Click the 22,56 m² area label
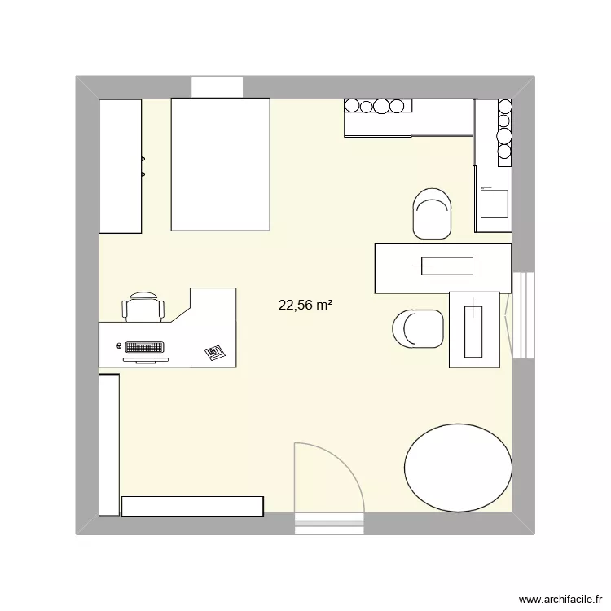(305, 305)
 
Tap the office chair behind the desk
(143, 307)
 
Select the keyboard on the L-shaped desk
(144, 347)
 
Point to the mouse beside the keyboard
(120, 346)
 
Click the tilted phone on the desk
(214, 353)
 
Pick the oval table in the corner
(459, 468)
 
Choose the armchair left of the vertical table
(418, 328)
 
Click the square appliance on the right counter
(495, 202)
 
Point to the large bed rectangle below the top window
(220, 164)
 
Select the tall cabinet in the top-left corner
(121, 165)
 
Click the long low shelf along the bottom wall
(192, 506)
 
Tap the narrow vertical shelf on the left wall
(109, 444)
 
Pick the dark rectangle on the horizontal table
(446, 265)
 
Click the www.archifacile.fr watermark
(560, 599)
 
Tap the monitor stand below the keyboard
(145, 358)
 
